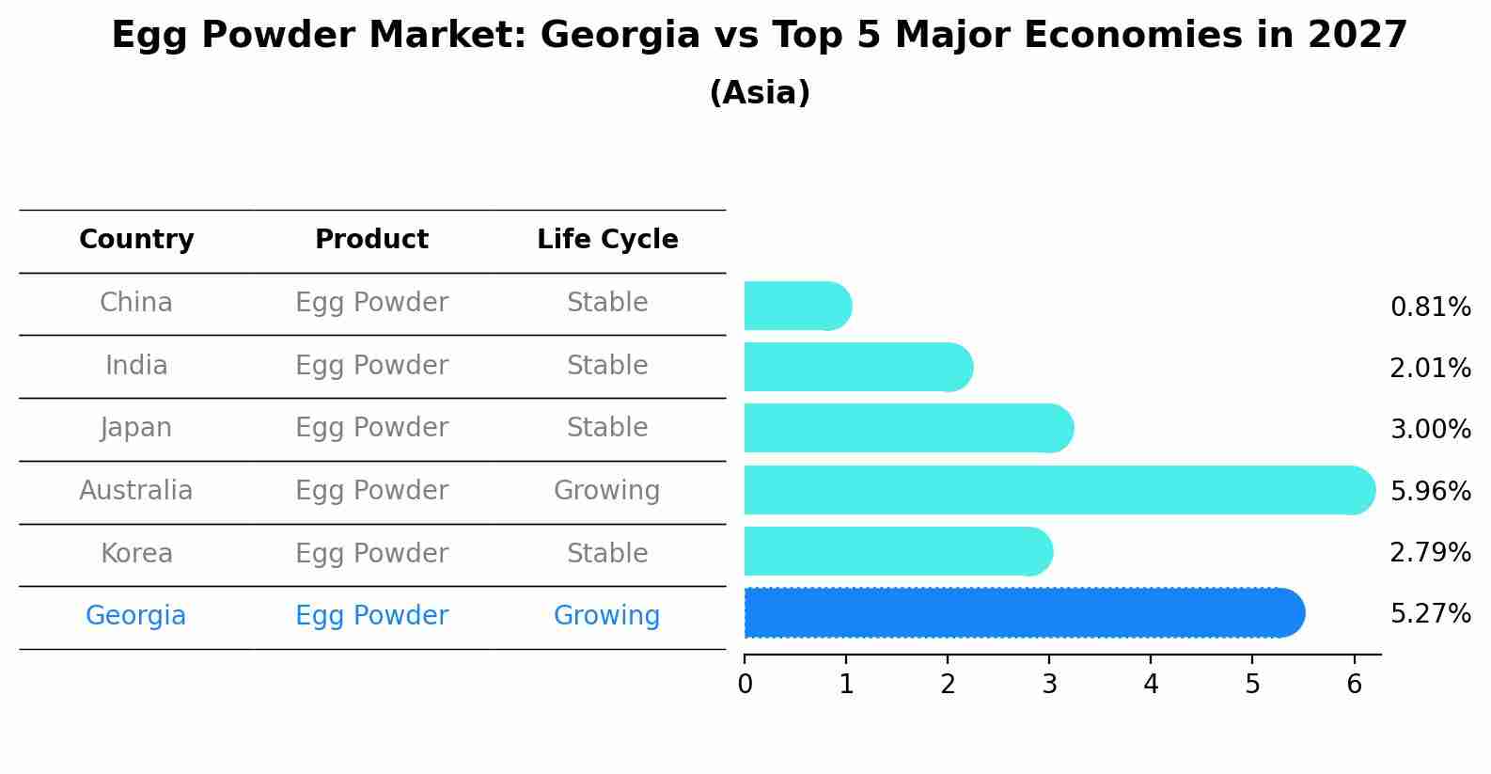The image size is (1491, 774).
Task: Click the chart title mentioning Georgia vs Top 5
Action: (759, 36)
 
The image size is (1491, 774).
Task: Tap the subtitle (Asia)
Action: (760, 93)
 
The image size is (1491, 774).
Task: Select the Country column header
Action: (136, 240)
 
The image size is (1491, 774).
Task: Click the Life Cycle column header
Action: (607, 240)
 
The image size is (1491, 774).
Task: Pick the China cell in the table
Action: (136, 303)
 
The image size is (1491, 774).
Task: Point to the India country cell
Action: (136, 366)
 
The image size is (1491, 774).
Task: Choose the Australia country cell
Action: (136, 491)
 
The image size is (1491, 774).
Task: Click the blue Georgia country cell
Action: (136, 616)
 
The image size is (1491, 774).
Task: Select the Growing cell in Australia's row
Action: (607, 491)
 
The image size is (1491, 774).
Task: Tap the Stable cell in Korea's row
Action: (607, 554)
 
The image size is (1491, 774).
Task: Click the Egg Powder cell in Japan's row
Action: (371, 428)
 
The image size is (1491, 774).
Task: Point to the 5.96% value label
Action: (1430, 491)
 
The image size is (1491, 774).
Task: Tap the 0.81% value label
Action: (1430, 308)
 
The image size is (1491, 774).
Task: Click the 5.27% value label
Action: (1430, 614)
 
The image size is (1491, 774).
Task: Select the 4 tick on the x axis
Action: (1151, 684)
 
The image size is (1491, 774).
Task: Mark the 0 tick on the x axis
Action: (745, 684)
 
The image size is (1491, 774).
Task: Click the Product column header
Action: (371, 240)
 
